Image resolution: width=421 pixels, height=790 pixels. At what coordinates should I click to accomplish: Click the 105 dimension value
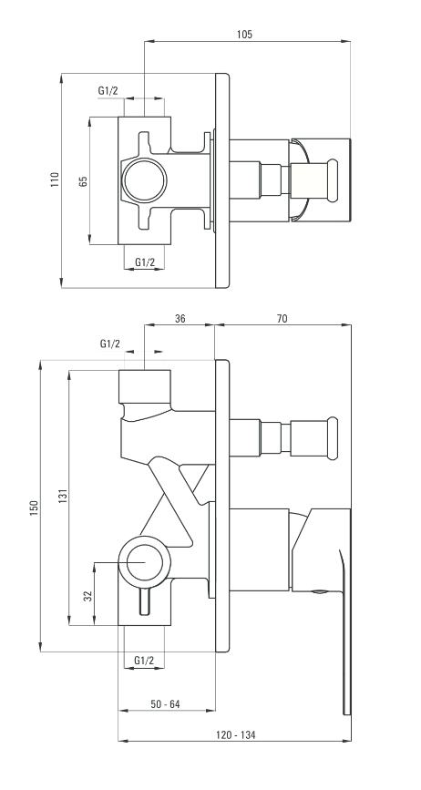click(244, 35)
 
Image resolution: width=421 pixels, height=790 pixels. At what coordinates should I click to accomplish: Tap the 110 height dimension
click(55, 180)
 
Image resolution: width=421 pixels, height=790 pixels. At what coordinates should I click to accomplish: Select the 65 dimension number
click(84, 181)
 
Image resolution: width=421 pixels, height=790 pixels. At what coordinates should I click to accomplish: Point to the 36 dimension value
click(180, 318)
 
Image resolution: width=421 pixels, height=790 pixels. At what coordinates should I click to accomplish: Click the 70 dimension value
click(282, 318)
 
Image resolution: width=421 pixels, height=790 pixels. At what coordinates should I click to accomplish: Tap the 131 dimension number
click(63, 497)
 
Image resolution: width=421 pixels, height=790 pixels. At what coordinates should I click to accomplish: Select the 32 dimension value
click(88, 596)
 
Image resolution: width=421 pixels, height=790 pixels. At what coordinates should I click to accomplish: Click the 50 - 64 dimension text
click(165, 704)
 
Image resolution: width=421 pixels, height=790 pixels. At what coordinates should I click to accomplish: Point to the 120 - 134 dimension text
click(236, 735)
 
